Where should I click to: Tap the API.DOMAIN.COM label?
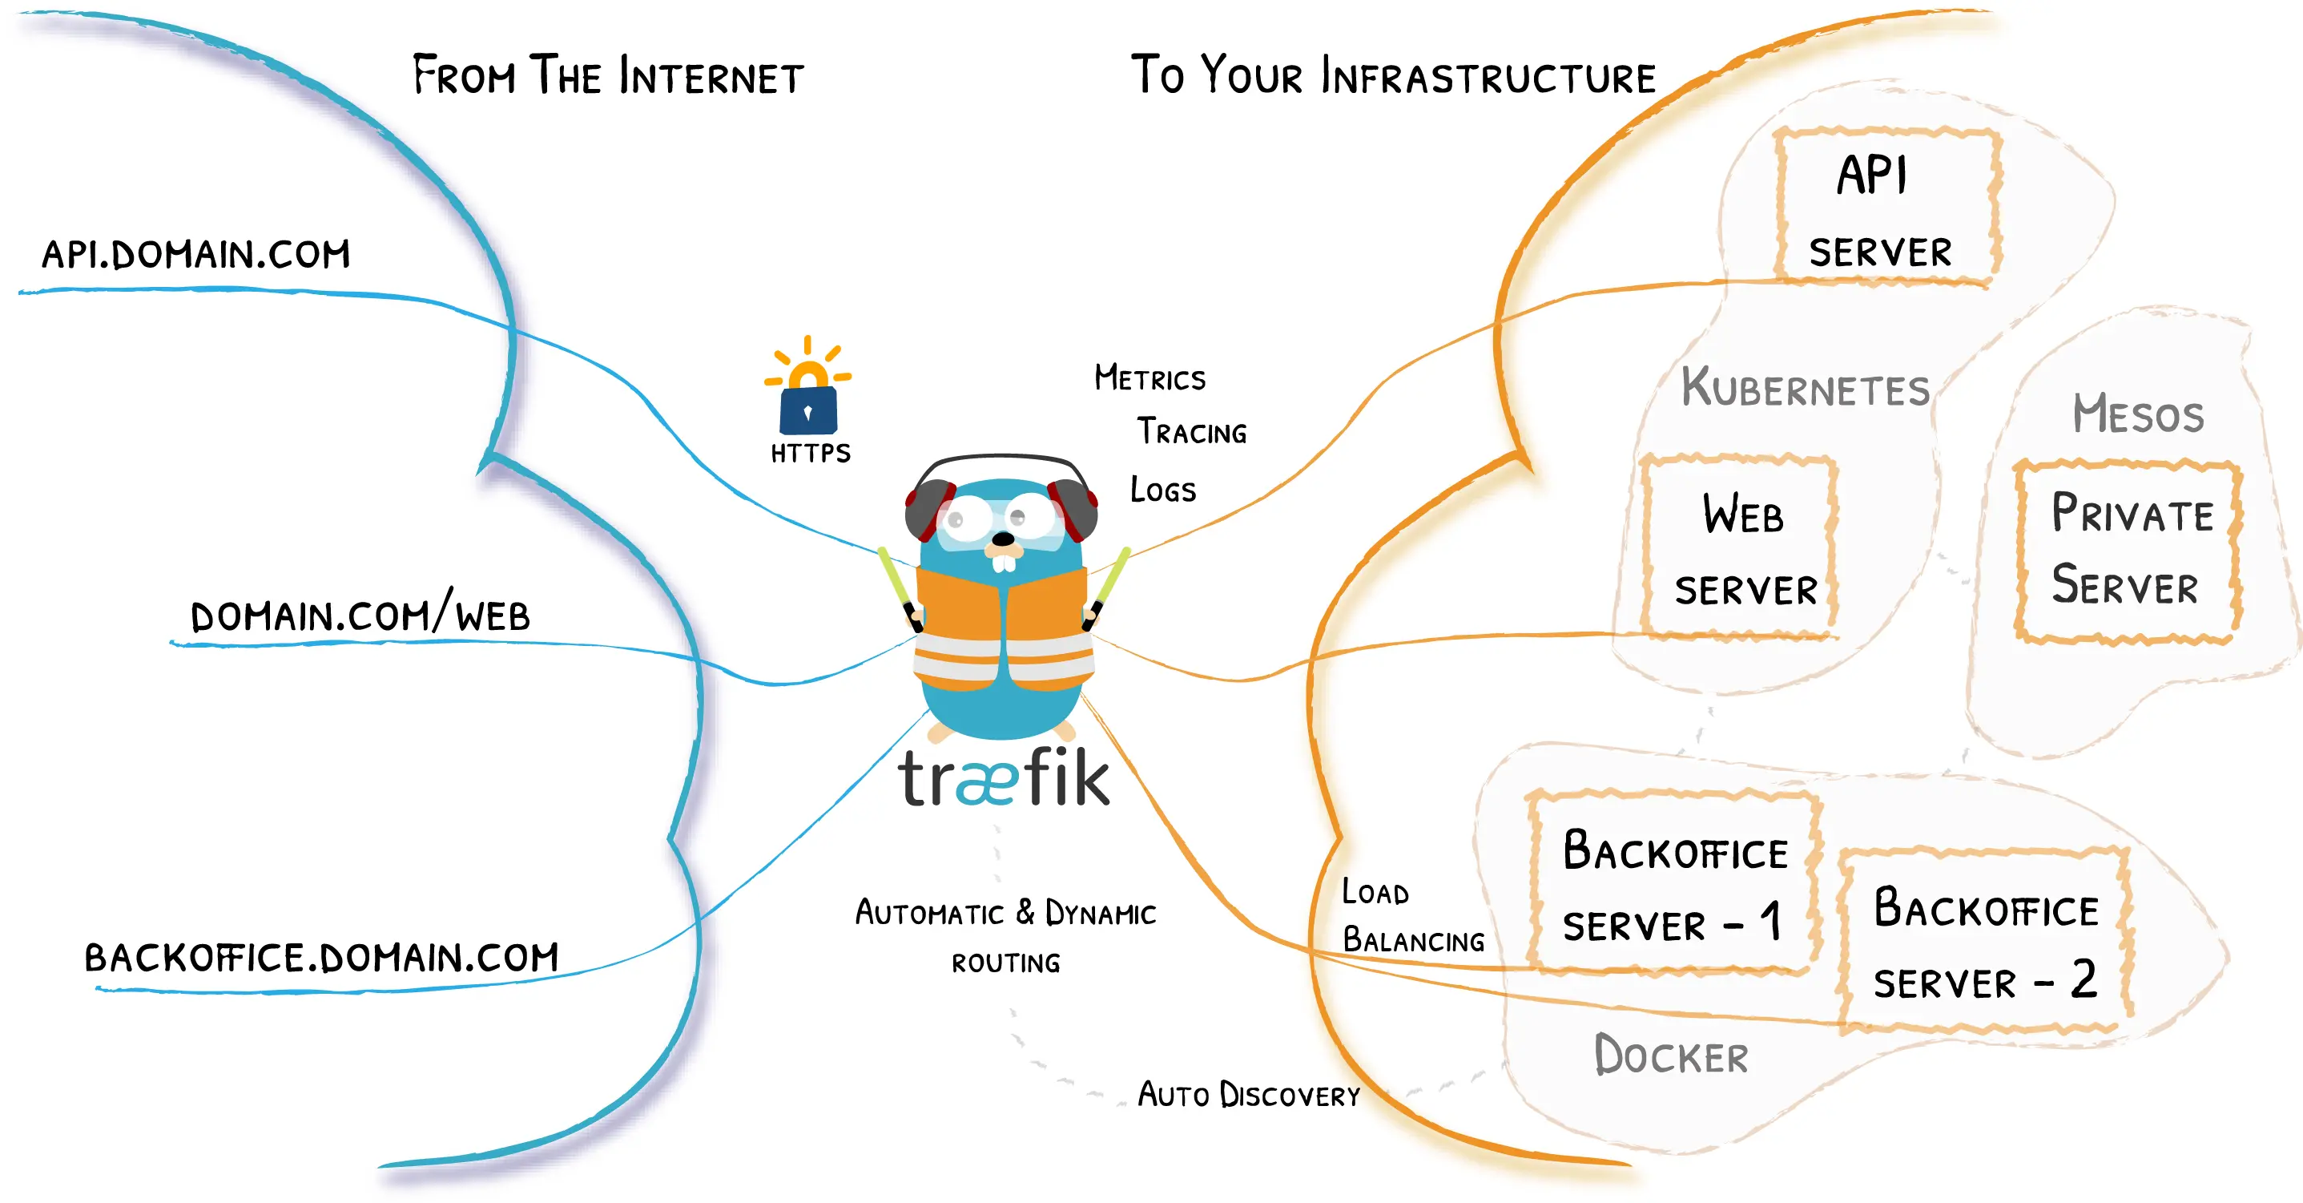pos(195,255)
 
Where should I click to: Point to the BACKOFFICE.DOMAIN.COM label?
pos(321,957)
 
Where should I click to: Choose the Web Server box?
pos(1742,547)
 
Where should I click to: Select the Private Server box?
pos(2128,551)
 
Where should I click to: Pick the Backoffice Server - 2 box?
pos(1986,941)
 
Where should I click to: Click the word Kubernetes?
pos(1805,388)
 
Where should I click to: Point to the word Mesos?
pos(2138,414)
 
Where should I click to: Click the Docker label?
pos(1671,1056)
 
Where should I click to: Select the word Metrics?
pos(1149,378)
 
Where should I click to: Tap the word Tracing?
pos(1192,432)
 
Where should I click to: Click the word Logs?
pos(1162,489)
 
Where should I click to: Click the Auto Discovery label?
pos(1248,1095)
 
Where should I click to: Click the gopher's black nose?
pos(1004,539)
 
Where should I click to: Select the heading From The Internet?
pos(608,76)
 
